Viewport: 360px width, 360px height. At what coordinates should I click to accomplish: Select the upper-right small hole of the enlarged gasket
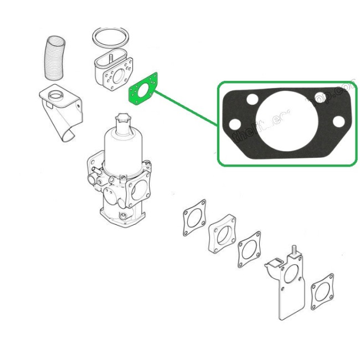pos(318,98)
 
